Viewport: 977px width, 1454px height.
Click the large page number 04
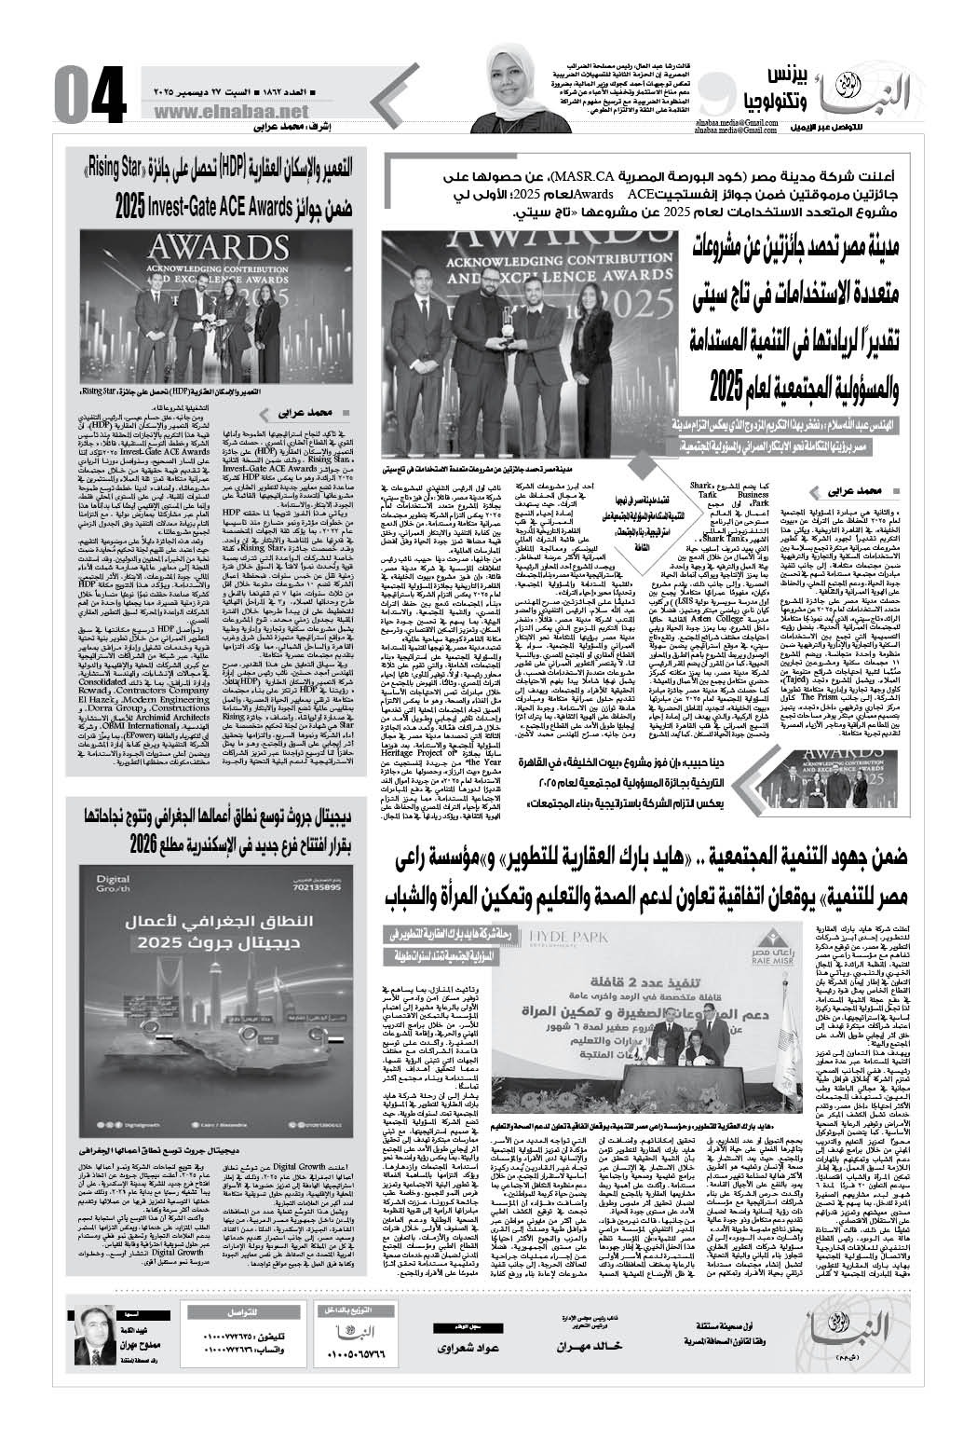88,93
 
